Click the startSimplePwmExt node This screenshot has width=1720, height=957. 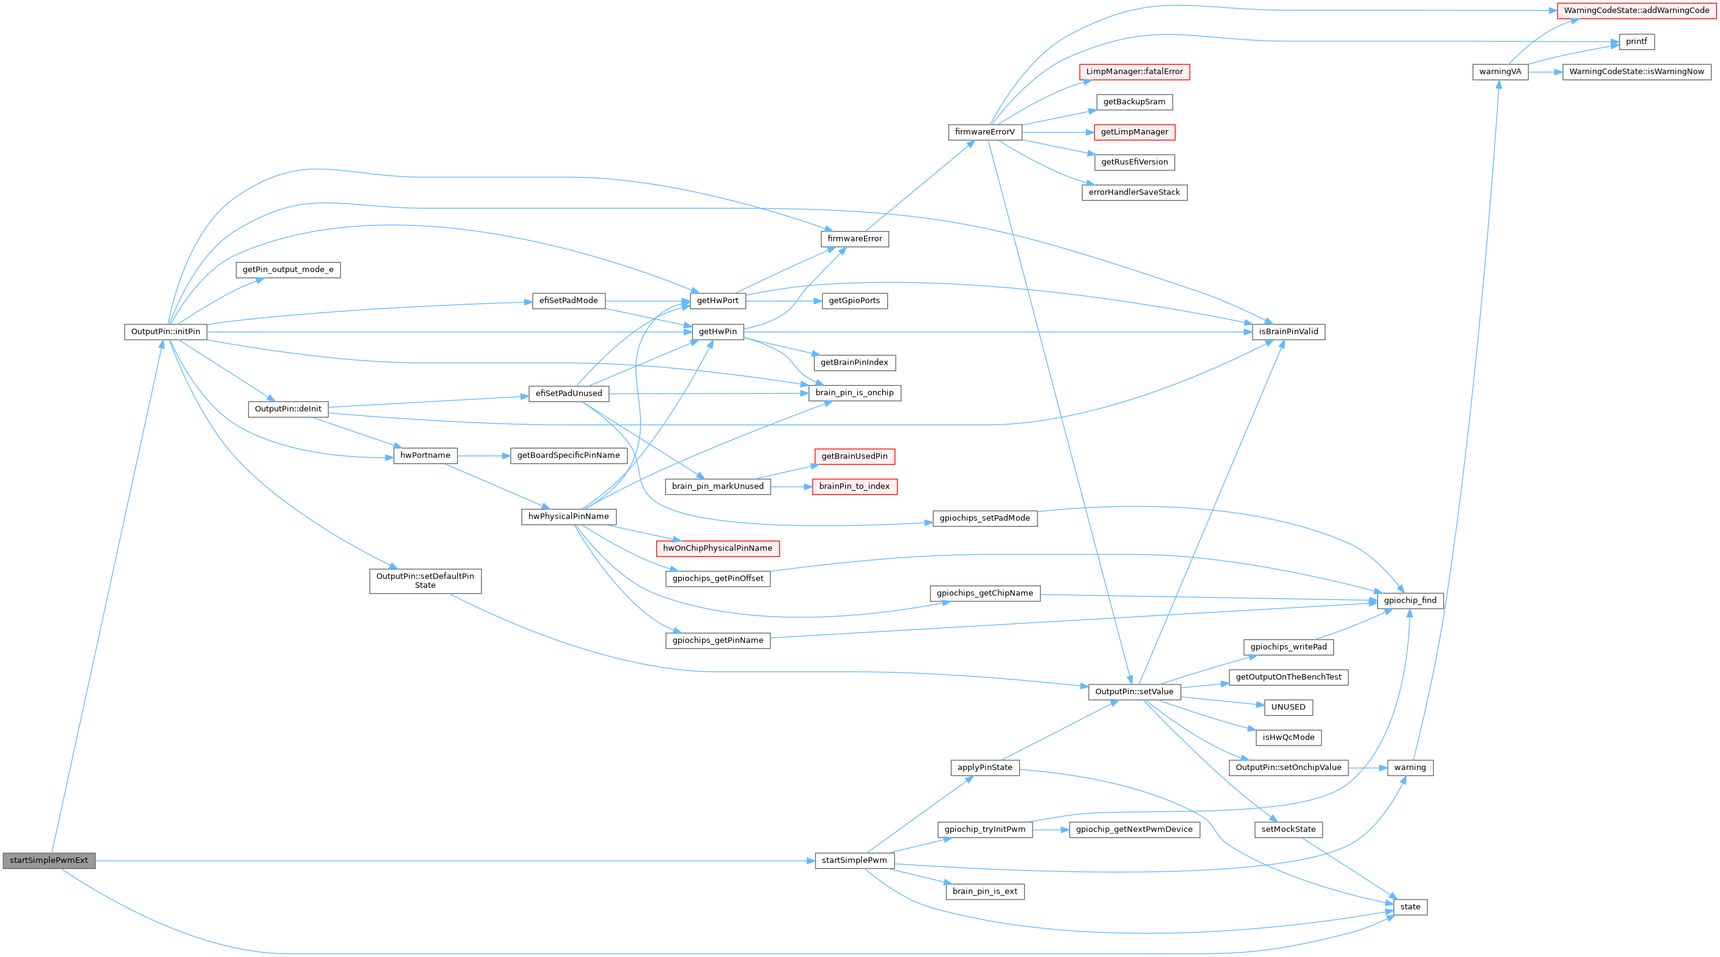(49, 861)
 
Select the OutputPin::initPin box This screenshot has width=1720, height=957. (166, 332)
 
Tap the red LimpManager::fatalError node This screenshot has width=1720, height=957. (1134, 72)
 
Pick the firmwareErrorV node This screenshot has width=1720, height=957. (984, 132)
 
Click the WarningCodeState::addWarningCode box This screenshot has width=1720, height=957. (1636, 10)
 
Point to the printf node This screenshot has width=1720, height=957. (1636, 42)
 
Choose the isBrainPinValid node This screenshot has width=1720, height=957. (1288, 332)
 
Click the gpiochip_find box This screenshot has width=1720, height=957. (1410, 600)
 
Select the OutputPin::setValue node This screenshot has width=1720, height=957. (1134, 692)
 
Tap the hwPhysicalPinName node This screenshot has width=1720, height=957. (568, 517)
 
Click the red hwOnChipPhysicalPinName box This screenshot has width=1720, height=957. (717, 548)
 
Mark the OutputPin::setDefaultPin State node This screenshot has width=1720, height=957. (425, 581)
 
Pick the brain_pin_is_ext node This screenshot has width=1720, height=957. (985, 892)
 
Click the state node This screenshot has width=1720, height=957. (1410, 907)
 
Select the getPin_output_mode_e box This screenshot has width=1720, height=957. (288, 269)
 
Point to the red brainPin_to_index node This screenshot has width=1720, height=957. (854, 487)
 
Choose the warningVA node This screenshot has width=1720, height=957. (1499, 72)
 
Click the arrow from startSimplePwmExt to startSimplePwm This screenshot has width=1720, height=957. (454, 861)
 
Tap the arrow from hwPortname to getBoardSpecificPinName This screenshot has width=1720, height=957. (483, 456)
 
